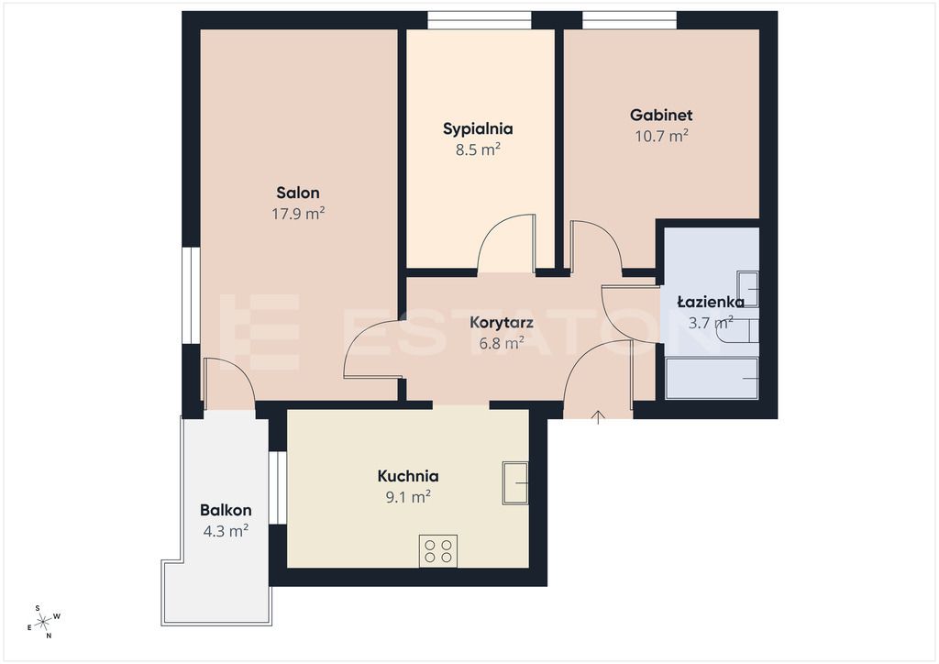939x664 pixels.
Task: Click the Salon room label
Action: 298,193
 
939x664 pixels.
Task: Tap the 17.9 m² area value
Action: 298,213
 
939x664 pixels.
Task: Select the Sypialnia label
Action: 478,129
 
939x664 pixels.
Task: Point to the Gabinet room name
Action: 661,115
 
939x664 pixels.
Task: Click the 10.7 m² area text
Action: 661,136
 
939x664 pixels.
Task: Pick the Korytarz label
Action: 502,324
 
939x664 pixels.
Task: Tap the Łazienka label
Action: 711,302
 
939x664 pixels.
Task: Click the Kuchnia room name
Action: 408,476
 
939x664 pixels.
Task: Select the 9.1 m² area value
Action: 408,496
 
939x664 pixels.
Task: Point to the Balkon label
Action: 226,511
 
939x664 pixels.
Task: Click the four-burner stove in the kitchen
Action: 437,551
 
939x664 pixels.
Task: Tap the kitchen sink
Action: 515,482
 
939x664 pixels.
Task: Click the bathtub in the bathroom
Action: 712,379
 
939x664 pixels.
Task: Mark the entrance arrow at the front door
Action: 598,417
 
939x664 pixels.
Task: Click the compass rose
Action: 44,623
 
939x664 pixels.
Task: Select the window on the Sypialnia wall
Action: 480,20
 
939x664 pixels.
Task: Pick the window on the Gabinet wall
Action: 630,20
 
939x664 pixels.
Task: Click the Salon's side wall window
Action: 191,296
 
